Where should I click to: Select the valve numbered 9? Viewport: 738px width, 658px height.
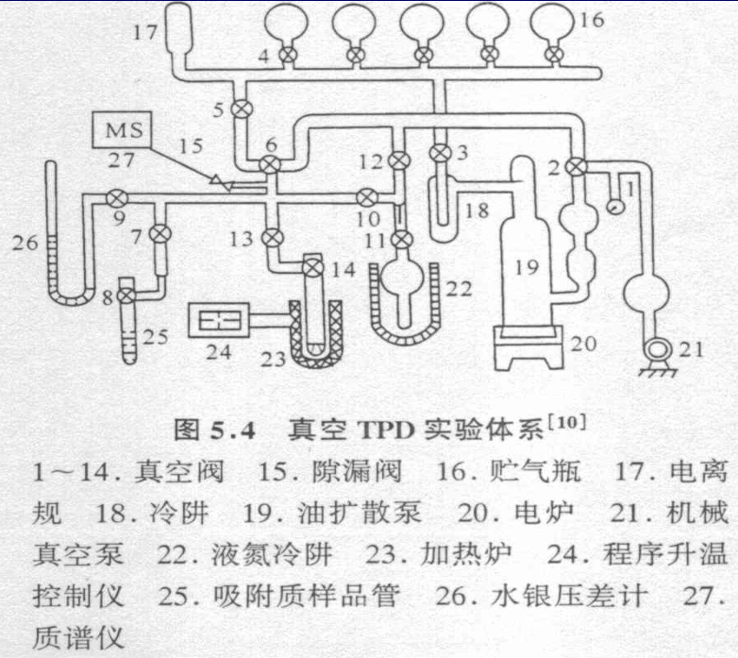(x=117, y=198)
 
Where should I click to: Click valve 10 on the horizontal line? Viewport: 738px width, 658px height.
(x=366, y=197)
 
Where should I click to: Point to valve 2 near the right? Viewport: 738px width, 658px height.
(x=579, y=164)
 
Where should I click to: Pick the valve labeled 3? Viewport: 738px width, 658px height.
(x=439, y=151)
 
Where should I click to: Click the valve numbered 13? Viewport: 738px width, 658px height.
(x=272, y=236)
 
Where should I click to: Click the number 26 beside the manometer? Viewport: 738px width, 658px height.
(x=25, y=244)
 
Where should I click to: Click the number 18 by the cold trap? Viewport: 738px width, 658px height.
(x=478, y=209)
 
